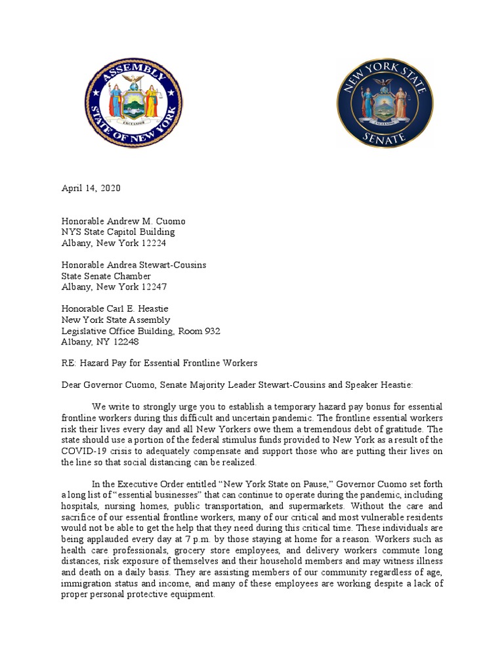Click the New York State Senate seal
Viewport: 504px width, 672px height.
click(x=385, y=103)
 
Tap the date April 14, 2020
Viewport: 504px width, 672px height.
click(x=91, y=188)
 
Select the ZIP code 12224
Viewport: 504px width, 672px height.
click(x=152, y=242)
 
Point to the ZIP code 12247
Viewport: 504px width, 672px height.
click(x=152, y=287)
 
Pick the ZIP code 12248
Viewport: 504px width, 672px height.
click(x=125, y=342)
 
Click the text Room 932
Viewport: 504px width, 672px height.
click(x=199, y=331)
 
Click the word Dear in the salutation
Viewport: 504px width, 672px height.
click(x=72, y=385)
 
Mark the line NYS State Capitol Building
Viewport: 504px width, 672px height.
click(x=118, y=232)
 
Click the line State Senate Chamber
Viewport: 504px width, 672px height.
click(x=106, y=276)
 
